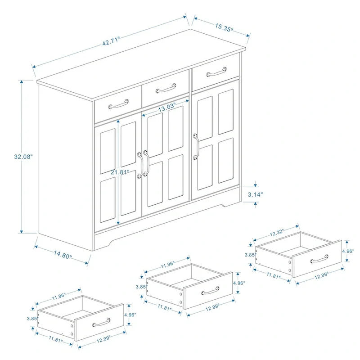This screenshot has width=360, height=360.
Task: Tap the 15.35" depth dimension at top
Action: [220, 27]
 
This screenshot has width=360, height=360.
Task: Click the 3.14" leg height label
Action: [255, 194]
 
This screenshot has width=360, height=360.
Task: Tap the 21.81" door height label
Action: [120, 172]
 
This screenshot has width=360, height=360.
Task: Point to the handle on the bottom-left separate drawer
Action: [101, 322]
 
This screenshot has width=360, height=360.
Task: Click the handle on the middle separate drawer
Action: [210, 290]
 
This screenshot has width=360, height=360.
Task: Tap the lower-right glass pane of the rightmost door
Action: [226, 160]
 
